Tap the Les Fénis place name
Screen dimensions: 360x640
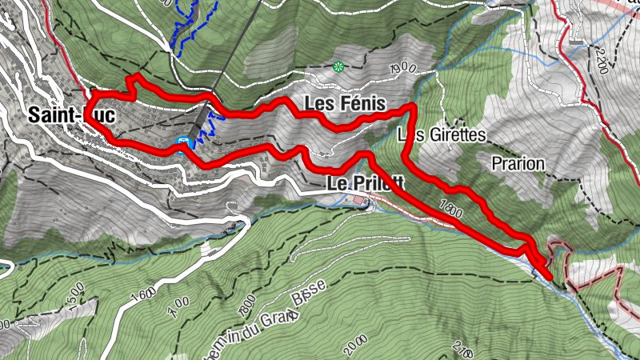345,104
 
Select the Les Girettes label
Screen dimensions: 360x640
442,135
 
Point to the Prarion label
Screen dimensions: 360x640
518,164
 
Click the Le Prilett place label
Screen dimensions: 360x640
365,183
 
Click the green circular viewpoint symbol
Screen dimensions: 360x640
338,66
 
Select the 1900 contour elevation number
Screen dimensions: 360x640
403,69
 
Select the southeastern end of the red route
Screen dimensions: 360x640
550,278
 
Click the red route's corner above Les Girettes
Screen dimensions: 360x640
411,106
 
